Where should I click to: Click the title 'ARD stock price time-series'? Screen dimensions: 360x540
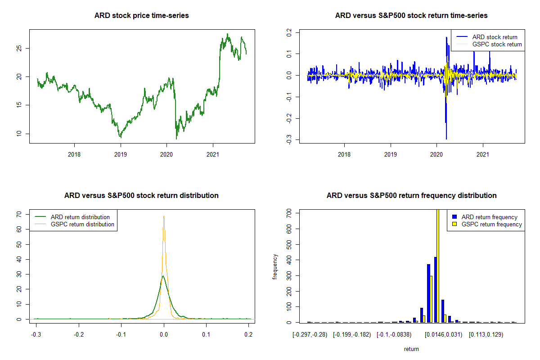tap(141, 16)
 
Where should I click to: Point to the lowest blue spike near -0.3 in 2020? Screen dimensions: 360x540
tap(446, 139)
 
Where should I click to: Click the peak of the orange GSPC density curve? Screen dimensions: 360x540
tap(164, 216)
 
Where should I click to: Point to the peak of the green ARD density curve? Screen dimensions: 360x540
tap(163, 276)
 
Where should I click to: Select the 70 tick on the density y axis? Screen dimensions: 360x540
tap(19, 215)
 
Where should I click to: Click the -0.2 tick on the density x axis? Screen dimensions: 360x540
tap(79, 335)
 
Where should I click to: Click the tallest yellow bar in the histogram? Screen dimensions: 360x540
tap(437, 265)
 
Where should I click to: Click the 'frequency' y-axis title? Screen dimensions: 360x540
tap(275, 267)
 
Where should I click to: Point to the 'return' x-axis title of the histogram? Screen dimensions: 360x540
tap(411, 349)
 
